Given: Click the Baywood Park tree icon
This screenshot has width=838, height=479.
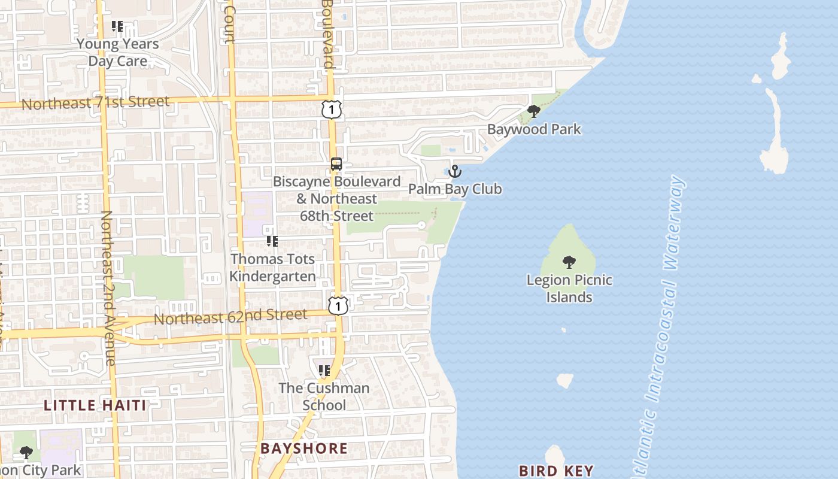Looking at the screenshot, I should pyautogui.click(x=533, y=111).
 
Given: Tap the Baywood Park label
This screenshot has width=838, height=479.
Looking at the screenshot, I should pyautogui.click(x=534, y=129).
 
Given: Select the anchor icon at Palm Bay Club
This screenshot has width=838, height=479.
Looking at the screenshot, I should pyautogui.click(x=455, y=172).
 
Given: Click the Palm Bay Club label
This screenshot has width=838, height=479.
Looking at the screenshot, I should pyautogui.click(x=455, y=189).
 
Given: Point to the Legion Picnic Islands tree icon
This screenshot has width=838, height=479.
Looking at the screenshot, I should pyautogui.click(x=569, y=262).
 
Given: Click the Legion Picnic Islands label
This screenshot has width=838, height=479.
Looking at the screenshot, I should pyautogui.click(x=569, y=289).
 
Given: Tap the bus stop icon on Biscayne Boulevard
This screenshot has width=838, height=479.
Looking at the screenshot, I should pyautogui.click(x=336, y=164).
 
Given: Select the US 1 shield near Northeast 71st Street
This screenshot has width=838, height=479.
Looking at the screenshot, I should pyautogui.click(x=332, y=110).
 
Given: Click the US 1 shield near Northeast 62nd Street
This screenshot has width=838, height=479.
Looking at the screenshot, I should pyautogui.click(x=338, y=306).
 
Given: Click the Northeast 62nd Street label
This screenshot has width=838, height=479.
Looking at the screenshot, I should pyautogui.click(x=230, y=316).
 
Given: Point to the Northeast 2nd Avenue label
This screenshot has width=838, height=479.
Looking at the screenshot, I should pyautogui.click(x=108, y=287).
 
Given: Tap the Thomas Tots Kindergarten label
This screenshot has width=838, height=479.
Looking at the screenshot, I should pyautogui.click(x=273, y=268).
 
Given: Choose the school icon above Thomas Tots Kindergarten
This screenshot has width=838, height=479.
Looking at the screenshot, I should pyautogui.click(x=272, y=241).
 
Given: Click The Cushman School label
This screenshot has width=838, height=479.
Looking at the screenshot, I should pyautogui.click(x=324, y=396).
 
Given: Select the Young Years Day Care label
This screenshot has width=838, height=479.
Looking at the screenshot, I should pyautogui.click(x=118, y=53).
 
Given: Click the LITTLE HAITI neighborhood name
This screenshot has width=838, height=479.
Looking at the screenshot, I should pyautogui.click(x=95, y=405).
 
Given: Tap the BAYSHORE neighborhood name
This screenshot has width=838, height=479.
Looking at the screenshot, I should pyautogui.click(x=303, y=448).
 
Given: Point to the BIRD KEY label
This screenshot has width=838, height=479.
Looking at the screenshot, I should pyautogui.click(x=556, y=471).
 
